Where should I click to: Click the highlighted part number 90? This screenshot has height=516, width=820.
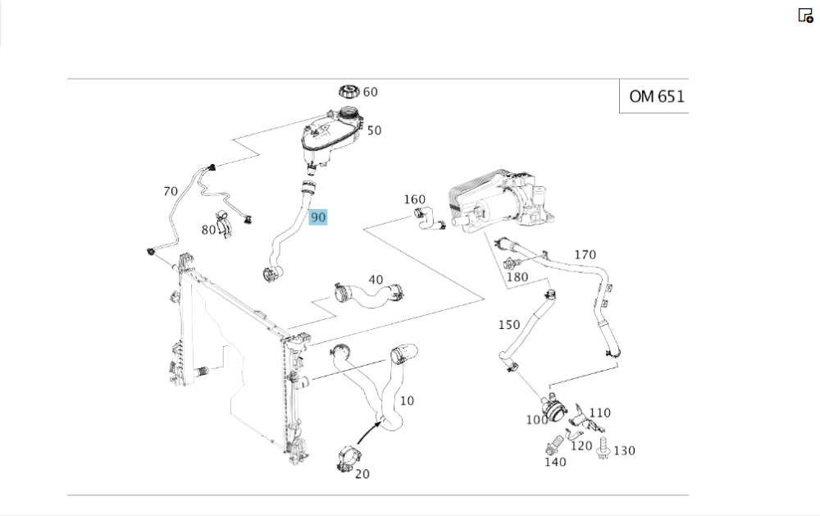318,217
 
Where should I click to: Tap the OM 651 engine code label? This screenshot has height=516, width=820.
655,96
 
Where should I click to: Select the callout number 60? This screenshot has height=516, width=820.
371,92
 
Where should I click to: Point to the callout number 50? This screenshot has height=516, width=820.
374,130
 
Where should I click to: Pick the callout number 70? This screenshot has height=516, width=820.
171,192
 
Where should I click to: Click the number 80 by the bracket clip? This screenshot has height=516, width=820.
208,230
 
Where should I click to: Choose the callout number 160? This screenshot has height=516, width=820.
415,199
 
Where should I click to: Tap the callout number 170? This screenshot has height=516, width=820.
585,255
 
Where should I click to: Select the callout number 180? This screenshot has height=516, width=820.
517,277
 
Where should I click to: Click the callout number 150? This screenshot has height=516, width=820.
509,325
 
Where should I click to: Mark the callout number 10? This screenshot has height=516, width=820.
407,401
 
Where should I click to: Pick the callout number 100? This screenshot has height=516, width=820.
536,420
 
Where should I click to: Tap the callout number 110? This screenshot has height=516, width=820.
600,413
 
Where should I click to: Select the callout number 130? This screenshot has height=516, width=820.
624,450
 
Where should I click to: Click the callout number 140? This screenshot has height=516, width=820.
555,462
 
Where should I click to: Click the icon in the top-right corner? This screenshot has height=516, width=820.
805,15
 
